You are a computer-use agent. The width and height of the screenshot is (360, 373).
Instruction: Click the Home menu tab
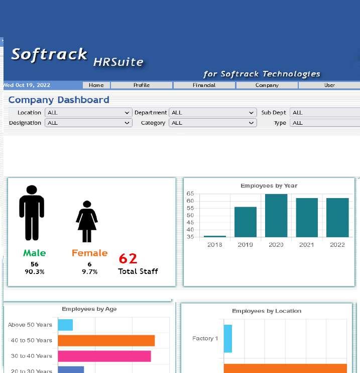click(96, 85)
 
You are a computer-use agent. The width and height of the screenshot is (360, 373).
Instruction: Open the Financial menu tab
click(204, 85)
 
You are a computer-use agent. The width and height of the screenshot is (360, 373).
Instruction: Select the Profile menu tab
click(142, 85)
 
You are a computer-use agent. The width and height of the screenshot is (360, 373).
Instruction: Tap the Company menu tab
click(267, 85)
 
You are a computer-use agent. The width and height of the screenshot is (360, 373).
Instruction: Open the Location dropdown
click(88, 113)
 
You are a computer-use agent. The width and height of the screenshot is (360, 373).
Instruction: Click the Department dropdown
click(212, 113)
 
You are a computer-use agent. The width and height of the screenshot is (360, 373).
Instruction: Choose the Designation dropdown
click(88, 123)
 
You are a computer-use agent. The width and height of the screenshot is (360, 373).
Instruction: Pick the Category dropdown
click(212, 123)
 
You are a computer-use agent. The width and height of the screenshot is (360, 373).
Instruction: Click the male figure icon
click(32, 213)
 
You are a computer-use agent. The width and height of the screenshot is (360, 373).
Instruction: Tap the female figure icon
click(87, 222)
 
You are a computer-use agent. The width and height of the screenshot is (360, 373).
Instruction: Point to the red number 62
click(128, 258)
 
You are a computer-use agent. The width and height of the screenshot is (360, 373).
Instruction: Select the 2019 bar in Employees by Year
click(246, 222)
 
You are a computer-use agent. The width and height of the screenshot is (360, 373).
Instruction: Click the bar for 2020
click(276, 215)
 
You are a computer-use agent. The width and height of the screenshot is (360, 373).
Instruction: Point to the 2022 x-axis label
click(337, 245)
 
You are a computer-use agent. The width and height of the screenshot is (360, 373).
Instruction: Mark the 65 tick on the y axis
click(190, 194)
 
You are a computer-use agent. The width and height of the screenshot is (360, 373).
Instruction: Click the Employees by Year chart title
click(269, 185)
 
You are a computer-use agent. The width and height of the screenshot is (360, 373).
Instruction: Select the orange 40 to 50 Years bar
click(106, 340)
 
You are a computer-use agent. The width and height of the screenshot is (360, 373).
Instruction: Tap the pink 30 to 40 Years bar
click(104, 356)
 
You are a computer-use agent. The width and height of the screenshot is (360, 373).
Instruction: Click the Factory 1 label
click(205, 338)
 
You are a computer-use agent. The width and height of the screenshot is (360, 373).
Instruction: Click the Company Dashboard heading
click(59, 100)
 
